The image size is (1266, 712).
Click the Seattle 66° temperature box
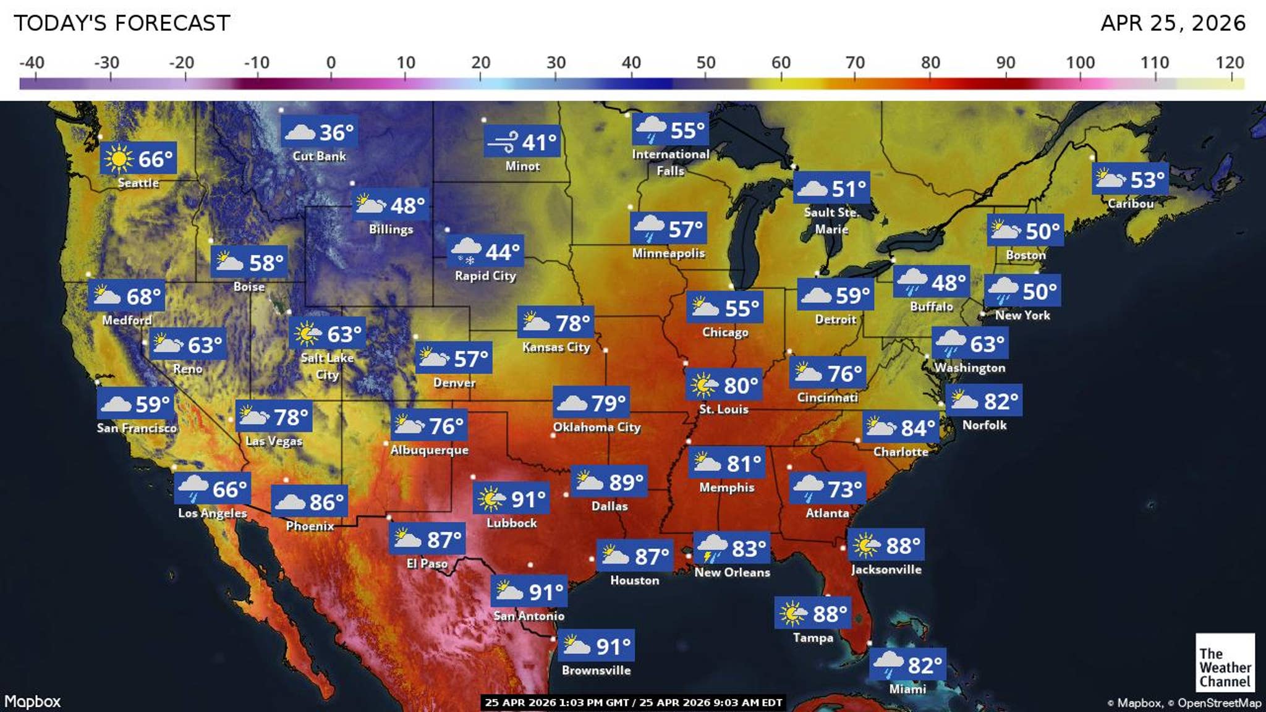pyautogui.click(x=138, y=158)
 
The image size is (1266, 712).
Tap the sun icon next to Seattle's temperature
pyautogui.click(x=118, y=159)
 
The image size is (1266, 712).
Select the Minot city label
pyautogui.click(x=522, y=166)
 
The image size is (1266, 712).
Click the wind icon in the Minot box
pyautogui.click(x=501, y=143)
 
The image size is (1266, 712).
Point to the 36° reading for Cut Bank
pyautogui.click(x=336, y=132)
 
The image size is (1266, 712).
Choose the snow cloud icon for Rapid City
pyautogui.click(x=465, y=252)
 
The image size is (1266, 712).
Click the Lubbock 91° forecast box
pyautogui.click(x=511, y=498)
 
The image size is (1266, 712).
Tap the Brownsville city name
pyautogui.click(x=596, y=670)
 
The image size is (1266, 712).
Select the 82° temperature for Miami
pyautogui.click(x=925, y=665)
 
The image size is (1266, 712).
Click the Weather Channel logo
pyautogui.click(x=1225, y=663)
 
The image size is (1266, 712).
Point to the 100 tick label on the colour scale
pyautogui.click(x=1080, y=62)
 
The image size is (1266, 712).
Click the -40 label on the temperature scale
pyautogui.click(x=32, y=62)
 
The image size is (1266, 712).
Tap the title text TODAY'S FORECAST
pyautogui.click(x=122, y=23)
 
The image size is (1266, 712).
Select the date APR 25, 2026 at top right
pyautogui.click(x=1173, y=23)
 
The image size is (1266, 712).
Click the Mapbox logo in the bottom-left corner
pyautogui.click(x=33, y=701)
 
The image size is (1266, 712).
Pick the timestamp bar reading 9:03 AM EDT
pyautogui.click(x=633, y=702)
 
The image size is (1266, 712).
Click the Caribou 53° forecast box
pyautogui.click(x=1130, y=180)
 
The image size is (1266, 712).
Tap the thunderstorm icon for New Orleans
pyautogui.click(x=712, y=548)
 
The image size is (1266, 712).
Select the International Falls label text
pyautogui.click(x=670, y=162)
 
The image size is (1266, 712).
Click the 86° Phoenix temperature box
pyautogui.click(x=309, y=502)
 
